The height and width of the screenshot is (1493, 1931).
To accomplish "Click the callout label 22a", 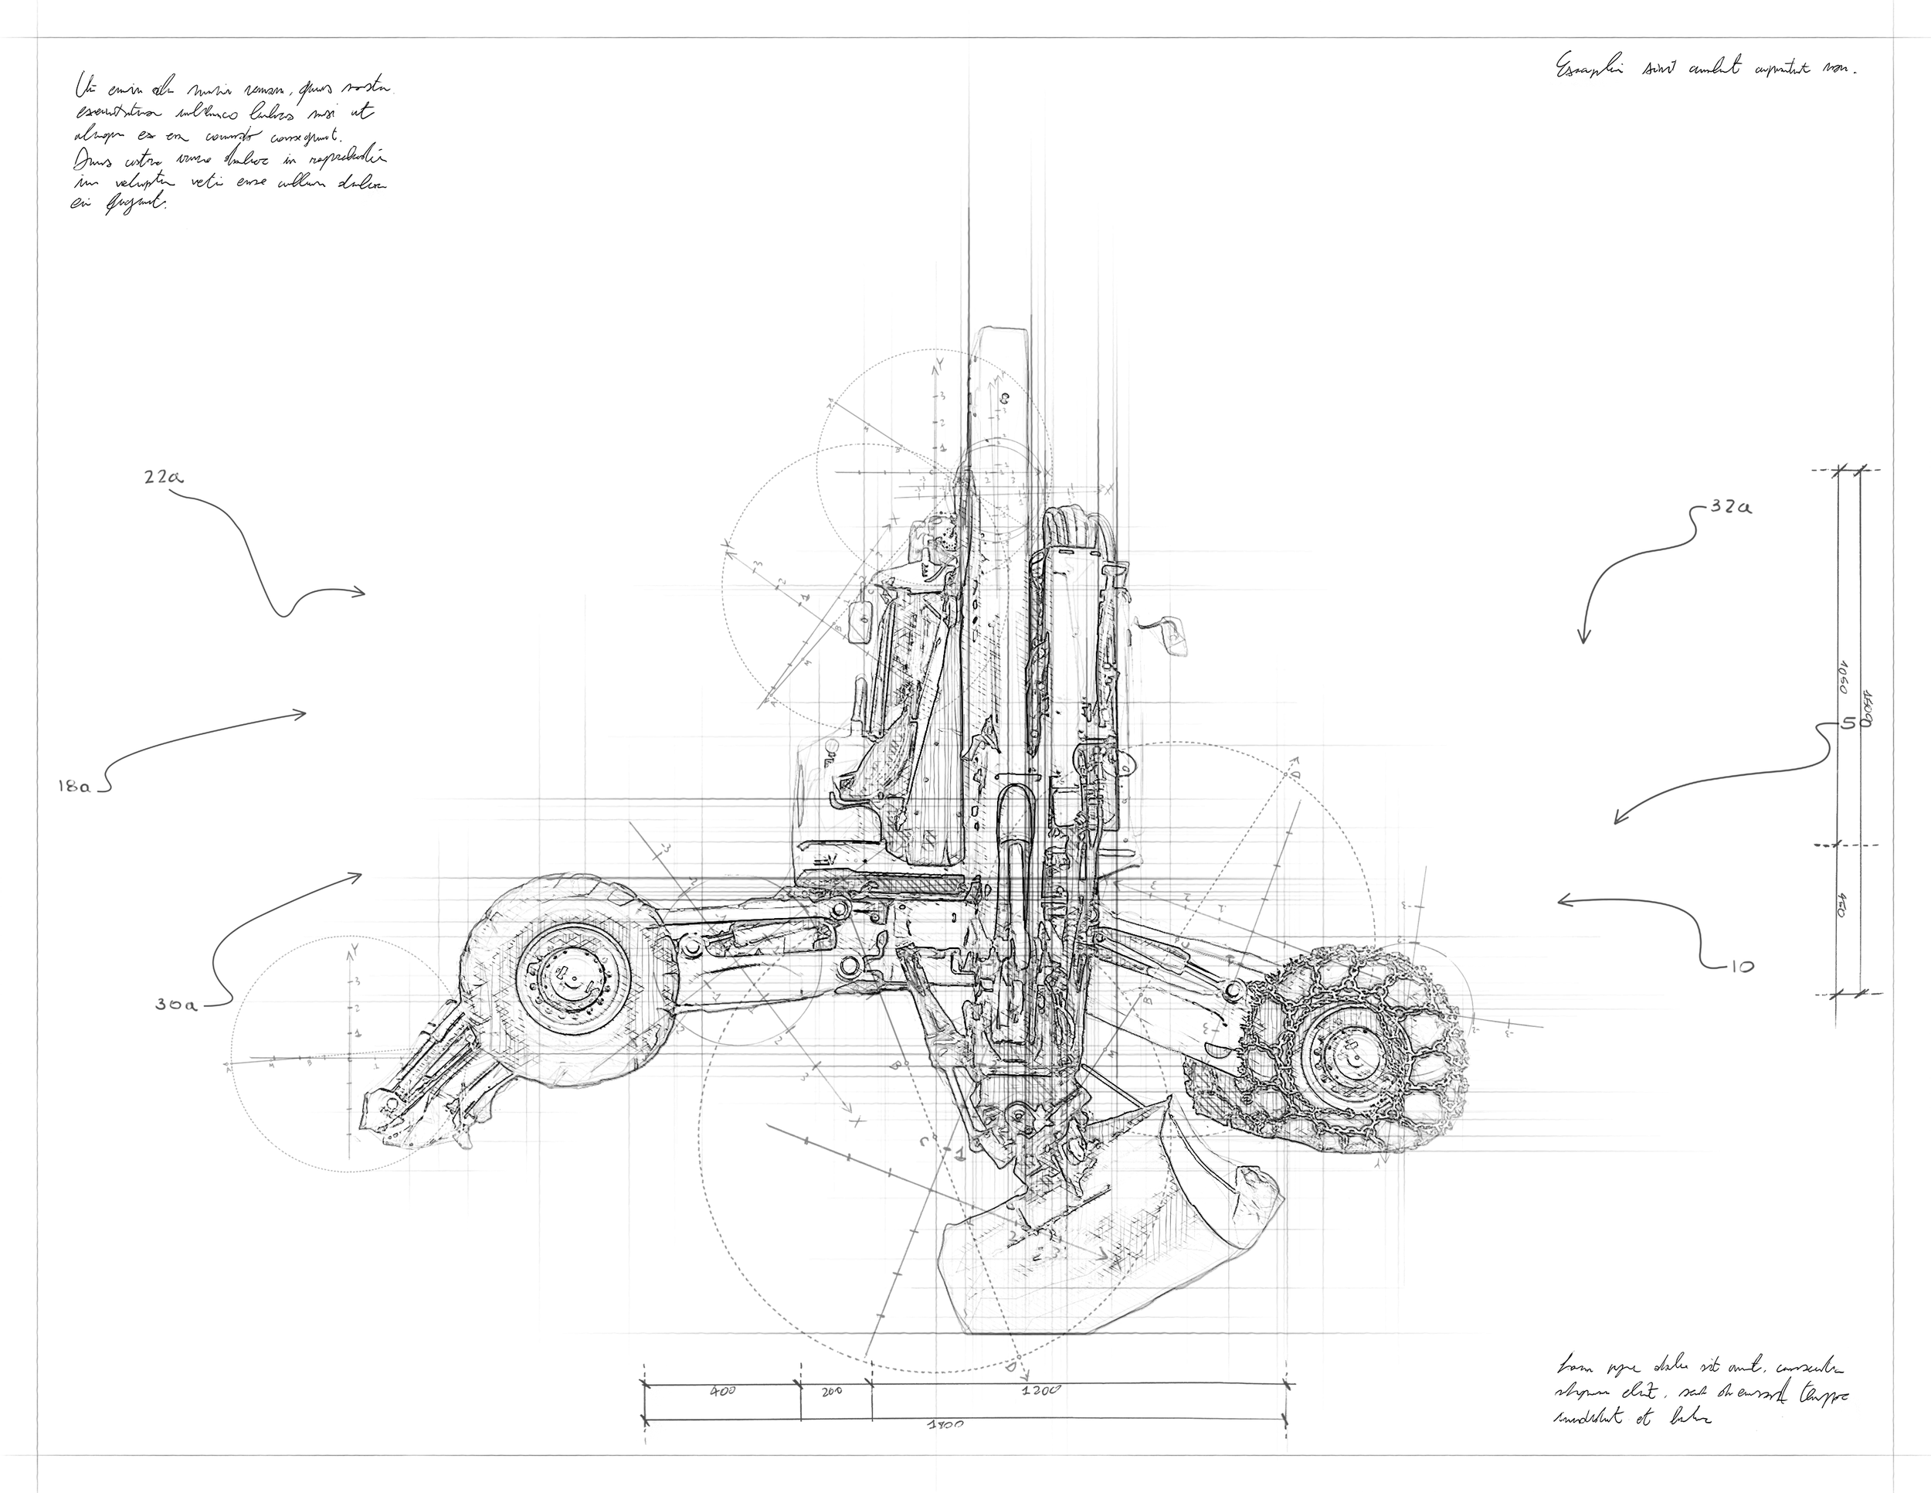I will pyautogui.click(x=163, y=478).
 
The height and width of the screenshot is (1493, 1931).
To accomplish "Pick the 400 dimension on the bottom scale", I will pyautogui.click(x=723, y=1391).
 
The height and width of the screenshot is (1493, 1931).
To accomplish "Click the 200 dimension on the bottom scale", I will pyautogui.click(x=832, y=1391).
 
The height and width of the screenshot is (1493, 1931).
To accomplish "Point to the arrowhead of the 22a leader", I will pyautogui.click(x=363, y=593).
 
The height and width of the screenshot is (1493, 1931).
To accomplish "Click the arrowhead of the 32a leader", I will pyautogui.click(x=1583, y=641).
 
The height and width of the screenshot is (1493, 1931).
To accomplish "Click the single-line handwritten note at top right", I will pyautogui.click(x=1706, y=67).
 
